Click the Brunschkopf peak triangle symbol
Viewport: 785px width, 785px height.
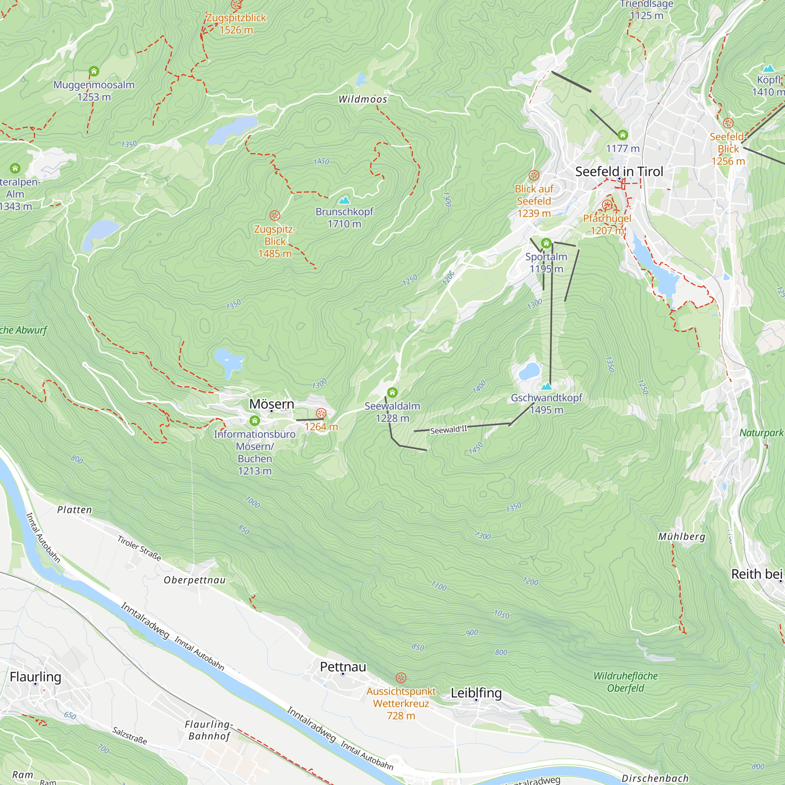(x=344, y=201)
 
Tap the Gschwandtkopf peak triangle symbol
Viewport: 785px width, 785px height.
(x=546, y=386)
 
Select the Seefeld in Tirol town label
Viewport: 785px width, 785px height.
(x=619, y=172)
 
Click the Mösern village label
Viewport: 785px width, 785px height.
(x=272, y=404)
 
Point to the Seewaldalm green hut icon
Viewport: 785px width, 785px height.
(x=392, y=392)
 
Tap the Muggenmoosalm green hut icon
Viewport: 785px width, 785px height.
(x=94, y=71)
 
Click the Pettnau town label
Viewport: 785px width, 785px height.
(x=343, y=667)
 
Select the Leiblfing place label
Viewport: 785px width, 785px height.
(x=476, y=693)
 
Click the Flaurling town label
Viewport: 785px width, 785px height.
(x=35, y=677)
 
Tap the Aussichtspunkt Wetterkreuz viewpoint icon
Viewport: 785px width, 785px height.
(x=401, y=677)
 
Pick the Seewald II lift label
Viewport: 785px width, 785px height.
(x=449, y=430)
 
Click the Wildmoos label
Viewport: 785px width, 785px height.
(x=363, y=100)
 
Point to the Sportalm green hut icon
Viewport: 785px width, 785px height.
(x=546, y=244)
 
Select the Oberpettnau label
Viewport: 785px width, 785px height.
(x=195, y=580)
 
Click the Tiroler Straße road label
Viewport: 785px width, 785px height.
(x=139, y=548)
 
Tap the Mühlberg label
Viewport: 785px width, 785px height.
(x=681, y=537)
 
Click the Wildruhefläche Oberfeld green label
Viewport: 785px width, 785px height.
(x=625, y=682)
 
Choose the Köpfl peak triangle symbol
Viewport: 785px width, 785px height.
(x=769, y=69)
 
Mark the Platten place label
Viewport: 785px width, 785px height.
(x=74, y=510)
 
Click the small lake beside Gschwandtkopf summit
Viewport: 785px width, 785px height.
(x=529, y=371)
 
